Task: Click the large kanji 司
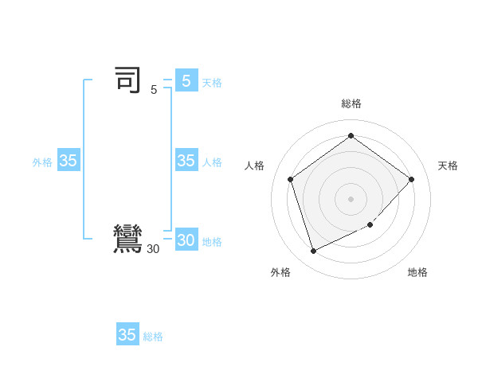tap(127, 80)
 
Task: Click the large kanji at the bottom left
tap(127, 240)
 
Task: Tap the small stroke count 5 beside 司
tap(154, 90)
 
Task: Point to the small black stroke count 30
tap(153, 249)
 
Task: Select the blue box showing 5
tap(186, 81)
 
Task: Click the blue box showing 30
tap(186, 240)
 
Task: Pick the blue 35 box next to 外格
tap(69, 161)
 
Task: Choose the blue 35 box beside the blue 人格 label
tap(186, 161)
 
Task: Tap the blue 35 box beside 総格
tap(127, 335)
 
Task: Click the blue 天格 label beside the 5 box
tap(212, 83)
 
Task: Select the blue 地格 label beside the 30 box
tap(212, 242)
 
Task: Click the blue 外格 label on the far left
tap(42, 162)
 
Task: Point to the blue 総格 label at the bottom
tap(153, 337)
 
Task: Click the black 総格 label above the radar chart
tap(351, 103)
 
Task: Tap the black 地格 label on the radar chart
tap(417, 272)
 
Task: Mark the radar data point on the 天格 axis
tap(411, 179)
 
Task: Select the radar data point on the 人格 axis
tap(290, 179)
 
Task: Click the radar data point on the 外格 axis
tap(313, 251)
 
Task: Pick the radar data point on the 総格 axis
tap(351, 135)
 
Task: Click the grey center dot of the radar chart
tap(351, 198)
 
